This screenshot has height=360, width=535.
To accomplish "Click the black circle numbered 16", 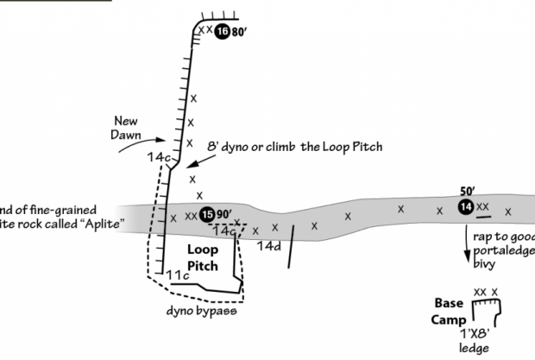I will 223,32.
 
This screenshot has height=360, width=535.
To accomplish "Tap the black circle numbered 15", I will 206,215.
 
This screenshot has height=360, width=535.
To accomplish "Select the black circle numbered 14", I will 466,206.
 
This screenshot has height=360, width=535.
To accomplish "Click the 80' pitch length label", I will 240,32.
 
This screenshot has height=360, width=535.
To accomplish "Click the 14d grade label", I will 270,246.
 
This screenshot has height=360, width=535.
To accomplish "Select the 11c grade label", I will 178,275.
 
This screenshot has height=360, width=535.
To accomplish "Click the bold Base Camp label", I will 450,312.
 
